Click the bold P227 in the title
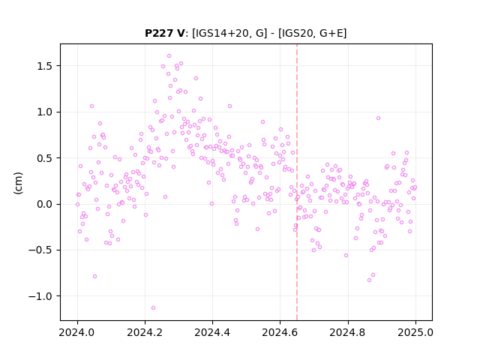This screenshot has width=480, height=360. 160,33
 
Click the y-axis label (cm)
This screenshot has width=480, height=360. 18,183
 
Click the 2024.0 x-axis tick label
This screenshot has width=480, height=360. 77,332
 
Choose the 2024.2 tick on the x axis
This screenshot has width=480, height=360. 145,332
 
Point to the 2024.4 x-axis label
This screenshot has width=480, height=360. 212,332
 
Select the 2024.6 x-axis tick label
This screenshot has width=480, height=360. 280,332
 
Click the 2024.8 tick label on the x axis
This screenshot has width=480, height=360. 347,332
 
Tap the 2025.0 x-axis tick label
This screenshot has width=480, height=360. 415,332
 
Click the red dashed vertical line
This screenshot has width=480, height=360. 297,182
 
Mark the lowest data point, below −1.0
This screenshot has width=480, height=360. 153,307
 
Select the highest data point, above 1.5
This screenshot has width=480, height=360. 169,56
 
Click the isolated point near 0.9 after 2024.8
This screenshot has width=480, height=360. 378,118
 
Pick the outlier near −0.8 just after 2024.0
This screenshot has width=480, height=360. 95,277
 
